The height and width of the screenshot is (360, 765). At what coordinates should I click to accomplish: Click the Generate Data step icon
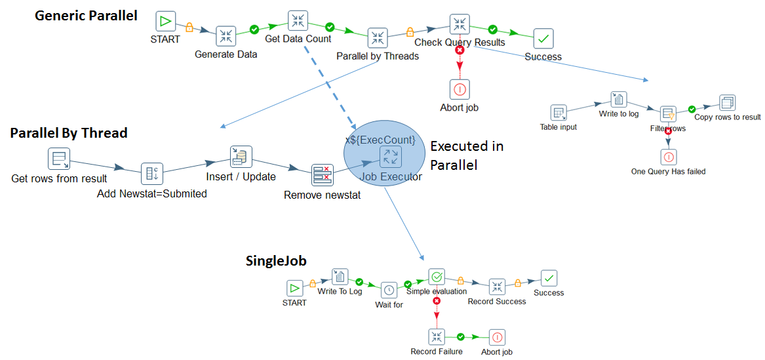[x=226, y=35]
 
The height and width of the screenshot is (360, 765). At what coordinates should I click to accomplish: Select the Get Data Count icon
[x=298, y=20]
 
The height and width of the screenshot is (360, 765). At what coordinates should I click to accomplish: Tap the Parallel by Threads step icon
[x=377, y=37]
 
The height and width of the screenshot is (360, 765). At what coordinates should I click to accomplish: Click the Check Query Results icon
[x=460, y=24]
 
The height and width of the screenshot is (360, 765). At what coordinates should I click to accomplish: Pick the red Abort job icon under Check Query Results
[x=460, y=89]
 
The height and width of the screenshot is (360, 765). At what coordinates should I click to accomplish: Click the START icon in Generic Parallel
[x=166, y=21]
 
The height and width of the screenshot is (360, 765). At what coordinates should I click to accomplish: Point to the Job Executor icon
[x=391, y=157]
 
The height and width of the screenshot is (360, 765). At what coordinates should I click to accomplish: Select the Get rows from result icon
[x=59, y=159]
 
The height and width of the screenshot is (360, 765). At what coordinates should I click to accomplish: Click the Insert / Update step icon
[x=241, y=156]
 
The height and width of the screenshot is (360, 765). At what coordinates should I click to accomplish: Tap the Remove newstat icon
[x=322, y=175]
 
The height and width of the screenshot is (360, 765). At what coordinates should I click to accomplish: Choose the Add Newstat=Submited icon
[x=151, y=174]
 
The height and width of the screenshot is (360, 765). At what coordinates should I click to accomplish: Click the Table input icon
[x=558, y=112]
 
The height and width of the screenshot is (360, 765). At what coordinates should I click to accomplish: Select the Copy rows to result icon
[x=727, y=103]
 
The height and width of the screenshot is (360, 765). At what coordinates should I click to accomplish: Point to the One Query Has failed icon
[x=668, y=157]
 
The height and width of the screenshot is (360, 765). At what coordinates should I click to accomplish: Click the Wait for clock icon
[x=389, y=289]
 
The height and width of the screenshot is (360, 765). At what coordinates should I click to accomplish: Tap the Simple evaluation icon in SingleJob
[x=437, y=277]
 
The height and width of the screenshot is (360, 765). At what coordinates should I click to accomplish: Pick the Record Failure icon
[x=437, y=337]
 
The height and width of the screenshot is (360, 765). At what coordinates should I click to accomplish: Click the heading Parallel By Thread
[x=69, y=133]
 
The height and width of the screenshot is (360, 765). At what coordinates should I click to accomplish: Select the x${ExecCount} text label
[x=380, y=140]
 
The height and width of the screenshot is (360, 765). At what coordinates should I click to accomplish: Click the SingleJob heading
[x=276, y=260]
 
